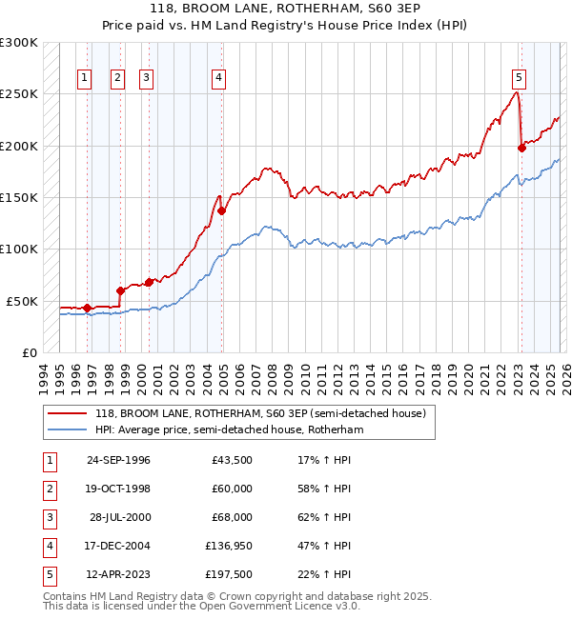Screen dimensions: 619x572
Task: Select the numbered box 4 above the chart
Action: tap(218, 78)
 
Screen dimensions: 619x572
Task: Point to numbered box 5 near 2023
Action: tap(519, 78)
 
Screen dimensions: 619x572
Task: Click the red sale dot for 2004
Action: tap(221, 210)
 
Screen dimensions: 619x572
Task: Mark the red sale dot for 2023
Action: tap(521, 148)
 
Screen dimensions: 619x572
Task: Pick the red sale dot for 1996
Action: tap(87, 308)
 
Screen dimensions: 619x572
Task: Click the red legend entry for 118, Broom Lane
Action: tap(265, 413)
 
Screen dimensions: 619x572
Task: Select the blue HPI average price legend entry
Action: tap(229, 429)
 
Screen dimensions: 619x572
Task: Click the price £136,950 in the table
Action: tap(225, 546)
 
